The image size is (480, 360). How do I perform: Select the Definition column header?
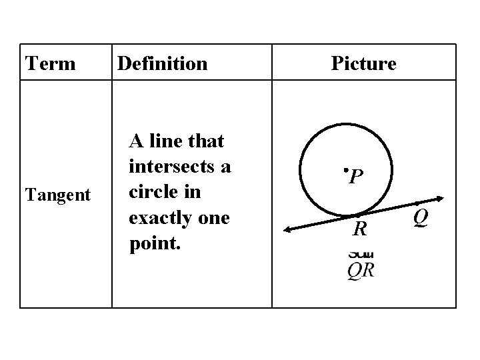162,63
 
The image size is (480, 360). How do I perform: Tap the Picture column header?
363,63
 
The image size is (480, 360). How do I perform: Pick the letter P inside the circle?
357,176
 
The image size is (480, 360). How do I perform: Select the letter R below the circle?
360,229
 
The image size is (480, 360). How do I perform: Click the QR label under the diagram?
361,270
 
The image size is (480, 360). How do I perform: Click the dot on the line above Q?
417,203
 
